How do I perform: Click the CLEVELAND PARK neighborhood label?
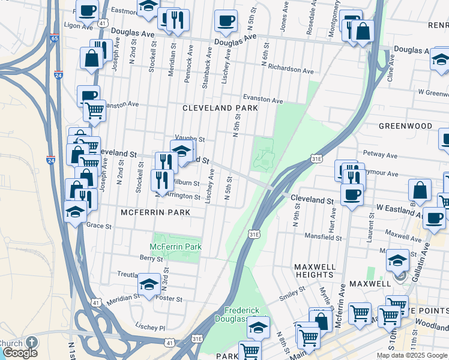(220, 108)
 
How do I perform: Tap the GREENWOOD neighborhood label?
(405, 126)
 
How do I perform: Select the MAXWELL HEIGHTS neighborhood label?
(315, 270)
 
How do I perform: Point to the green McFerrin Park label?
(175, 247)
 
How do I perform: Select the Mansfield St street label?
(322, 238)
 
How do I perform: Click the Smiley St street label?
(293, 295)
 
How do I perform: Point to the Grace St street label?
(100, 226)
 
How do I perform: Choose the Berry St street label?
(147, 257)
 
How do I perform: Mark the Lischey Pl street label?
(150, 328)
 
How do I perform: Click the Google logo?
(20, 353)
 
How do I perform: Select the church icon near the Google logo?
(30, 342)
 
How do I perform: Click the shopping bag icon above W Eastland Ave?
(420, 190)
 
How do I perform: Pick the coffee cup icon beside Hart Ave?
(351, 194)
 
